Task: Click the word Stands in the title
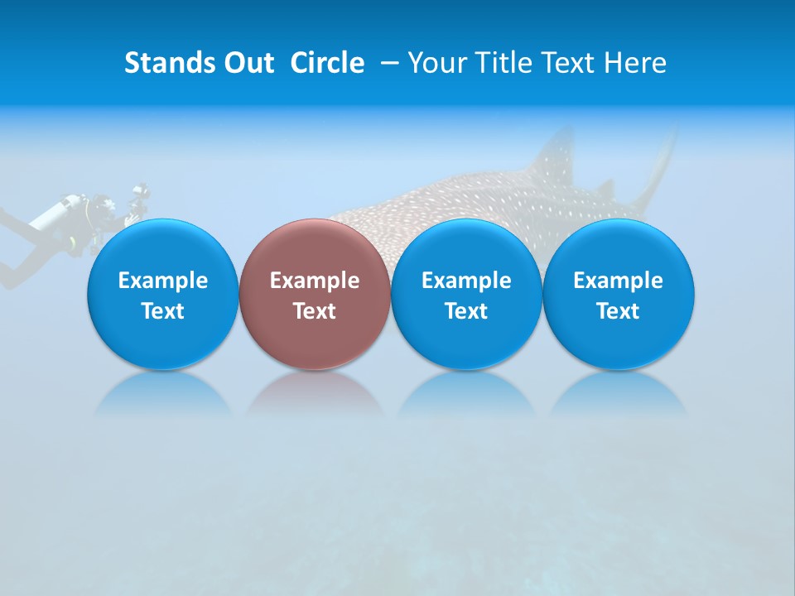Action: coord(166,63)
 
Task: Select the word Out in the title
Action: coord(247,63)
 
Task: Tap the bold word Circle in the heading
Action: coord(327,63)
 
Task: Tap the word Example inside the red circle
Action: coord(314,281)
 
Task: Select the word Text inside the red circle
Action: coord(314,311)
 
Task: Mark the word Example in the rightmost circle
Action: coord(618,281)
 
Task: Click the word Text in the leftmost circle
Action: coord(162,311)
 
